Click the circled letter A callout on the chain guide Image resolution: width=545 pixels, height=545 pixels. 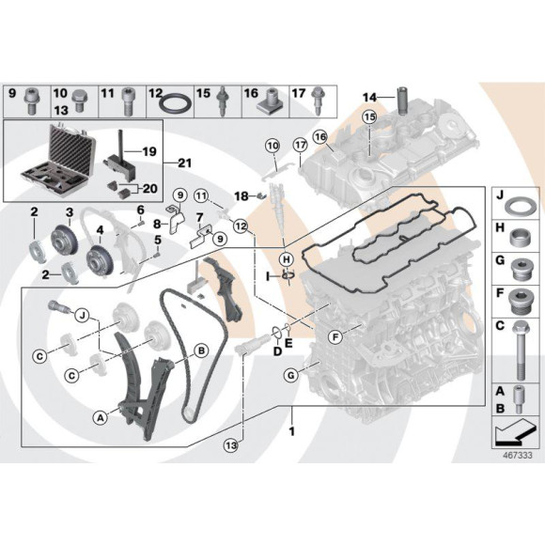point(100,414)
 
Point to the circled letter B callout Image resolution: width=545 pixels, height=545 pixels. point(200,351)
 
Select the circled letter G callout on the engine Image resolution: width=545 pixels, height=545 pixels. point(290,376)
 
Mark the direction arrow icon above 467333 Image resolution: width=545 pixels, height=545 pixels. point(515,433)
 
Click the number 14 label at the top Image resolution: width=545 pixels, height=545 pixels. point(369,96)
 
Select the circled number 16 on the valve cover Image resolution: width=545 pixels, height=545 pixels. point(320,138)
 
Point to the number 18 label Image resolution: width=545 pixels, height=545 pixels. point(241,195)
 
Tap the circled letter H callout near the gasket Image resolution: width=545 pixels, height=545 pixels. point(287,258)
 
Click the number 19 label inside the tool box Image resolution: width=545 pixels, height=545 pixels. point(148,151)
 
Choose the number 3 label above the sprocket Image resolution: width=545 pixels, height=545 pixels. point(69,212)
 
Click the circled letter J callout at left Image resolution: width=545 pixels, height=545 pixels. point(81,314)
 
